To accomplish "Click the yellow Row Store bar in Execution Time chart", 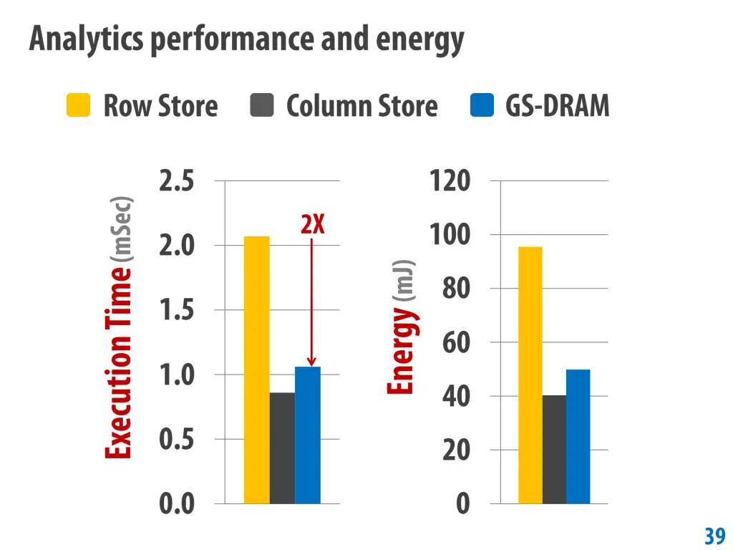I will point(256,370).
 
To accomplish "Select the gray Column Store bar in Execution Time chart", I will point(282,448).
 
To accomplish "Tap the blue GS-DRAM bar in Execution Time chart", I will point(308,435).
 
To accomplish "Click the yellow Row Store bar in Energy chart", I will point(530,375).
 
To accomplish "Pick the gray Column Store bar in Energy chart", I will point(554,449).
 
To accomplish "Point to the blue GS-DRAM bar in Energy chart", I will point(578,436).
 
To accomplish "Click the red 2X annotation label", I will point(313,225).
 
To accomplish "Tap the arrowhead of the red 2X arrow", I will point(311,362).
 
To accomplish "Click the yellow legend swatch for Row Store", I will point(78,105).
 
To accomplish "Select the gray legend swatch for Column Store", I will point(262,105).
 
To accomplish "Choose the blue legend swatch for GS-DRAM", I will point(482,105).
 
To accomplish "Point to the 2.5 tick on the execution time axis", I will point(176,181).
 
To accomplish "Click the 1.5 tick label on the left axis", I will point(176,310).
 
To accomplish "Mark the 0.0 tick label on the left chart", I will point(176,504).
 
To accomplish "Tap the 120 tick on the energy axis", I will point(450,181).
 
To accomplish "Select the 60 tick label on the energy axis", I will point(456,342).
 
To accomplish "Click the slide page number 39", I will point(714,536).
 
